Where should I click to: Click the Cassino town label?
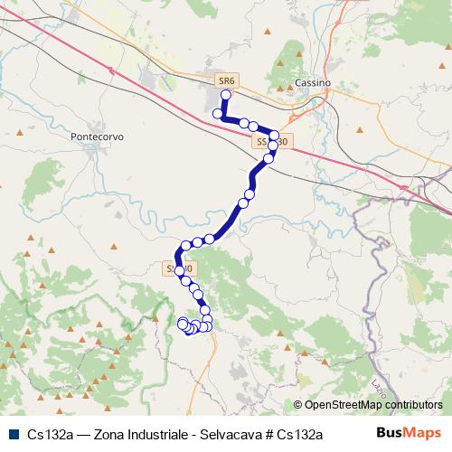click(314, 82)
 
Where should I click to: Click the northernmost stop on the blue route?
click(226, 93)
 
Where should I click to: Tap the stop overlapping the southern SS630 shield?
click(180, 269)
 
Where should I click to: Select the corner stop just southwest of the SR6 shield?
click(217, 114)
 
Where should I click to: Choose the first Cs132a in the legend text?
click(50, 434)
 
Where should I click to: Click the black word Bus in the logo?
click(390, 433)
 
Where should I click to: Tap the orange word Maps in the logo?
click(424, 433)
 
